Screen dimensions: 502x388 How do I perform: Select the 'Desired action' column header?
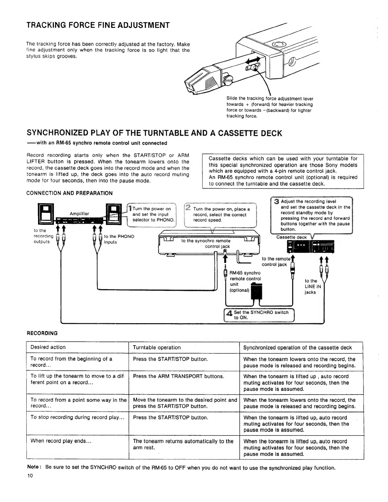(x=48, y=347)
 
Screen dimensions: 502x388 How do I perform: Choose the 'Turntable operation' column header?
(x=157, y=347)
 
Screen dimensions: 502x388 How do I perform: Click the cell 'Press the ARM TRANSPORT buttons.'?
(x=178, y=376)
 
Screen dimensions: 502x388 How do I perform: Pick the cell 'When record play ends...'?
(x=61, y=441)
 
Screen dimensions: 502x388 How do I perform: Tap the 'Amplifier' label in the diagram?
(x=79, y=214)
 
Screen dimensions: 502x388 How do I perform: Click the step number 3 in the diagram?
(x=276, y=202)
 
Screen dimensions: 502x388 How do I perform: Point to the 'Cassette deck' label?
(x=291, y=237)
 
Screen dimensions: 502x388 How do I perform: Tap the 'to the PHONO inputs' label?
(x=119, y=239)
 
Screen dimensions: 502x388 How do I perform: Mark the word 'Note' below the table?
(x=33, y=467)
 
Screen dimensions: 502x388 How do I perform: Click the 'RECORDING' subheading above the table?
(x=42, y=333)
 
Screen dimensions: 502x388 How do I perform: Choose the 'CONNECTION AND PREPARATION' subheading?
(x=69, y=193)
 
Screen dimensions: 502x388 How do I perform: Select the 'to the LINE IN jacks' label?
(x=313, y=286)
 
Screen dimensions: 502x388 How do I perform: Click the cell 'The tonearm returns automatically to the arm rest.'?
(x=183, y=444)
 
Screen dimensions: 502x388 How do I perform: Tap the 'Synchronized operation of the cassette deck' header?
(x=297, y=347)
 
